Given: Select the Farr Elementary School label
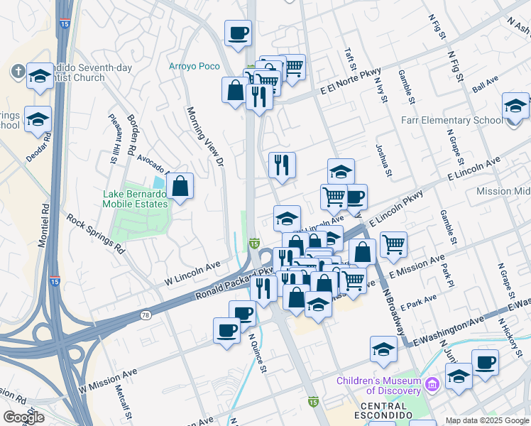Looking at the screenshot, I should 451,120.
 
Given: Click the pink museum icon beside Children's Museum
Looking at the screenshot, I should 432,385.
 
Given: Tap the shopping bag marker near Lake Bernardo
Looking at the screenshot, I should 180,187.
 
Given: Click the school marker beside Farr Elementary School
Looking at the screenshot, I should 515,106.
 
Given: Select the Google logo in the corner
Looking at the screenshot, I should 23,417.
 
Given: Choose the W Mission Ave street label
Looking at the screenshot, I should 107,381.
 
